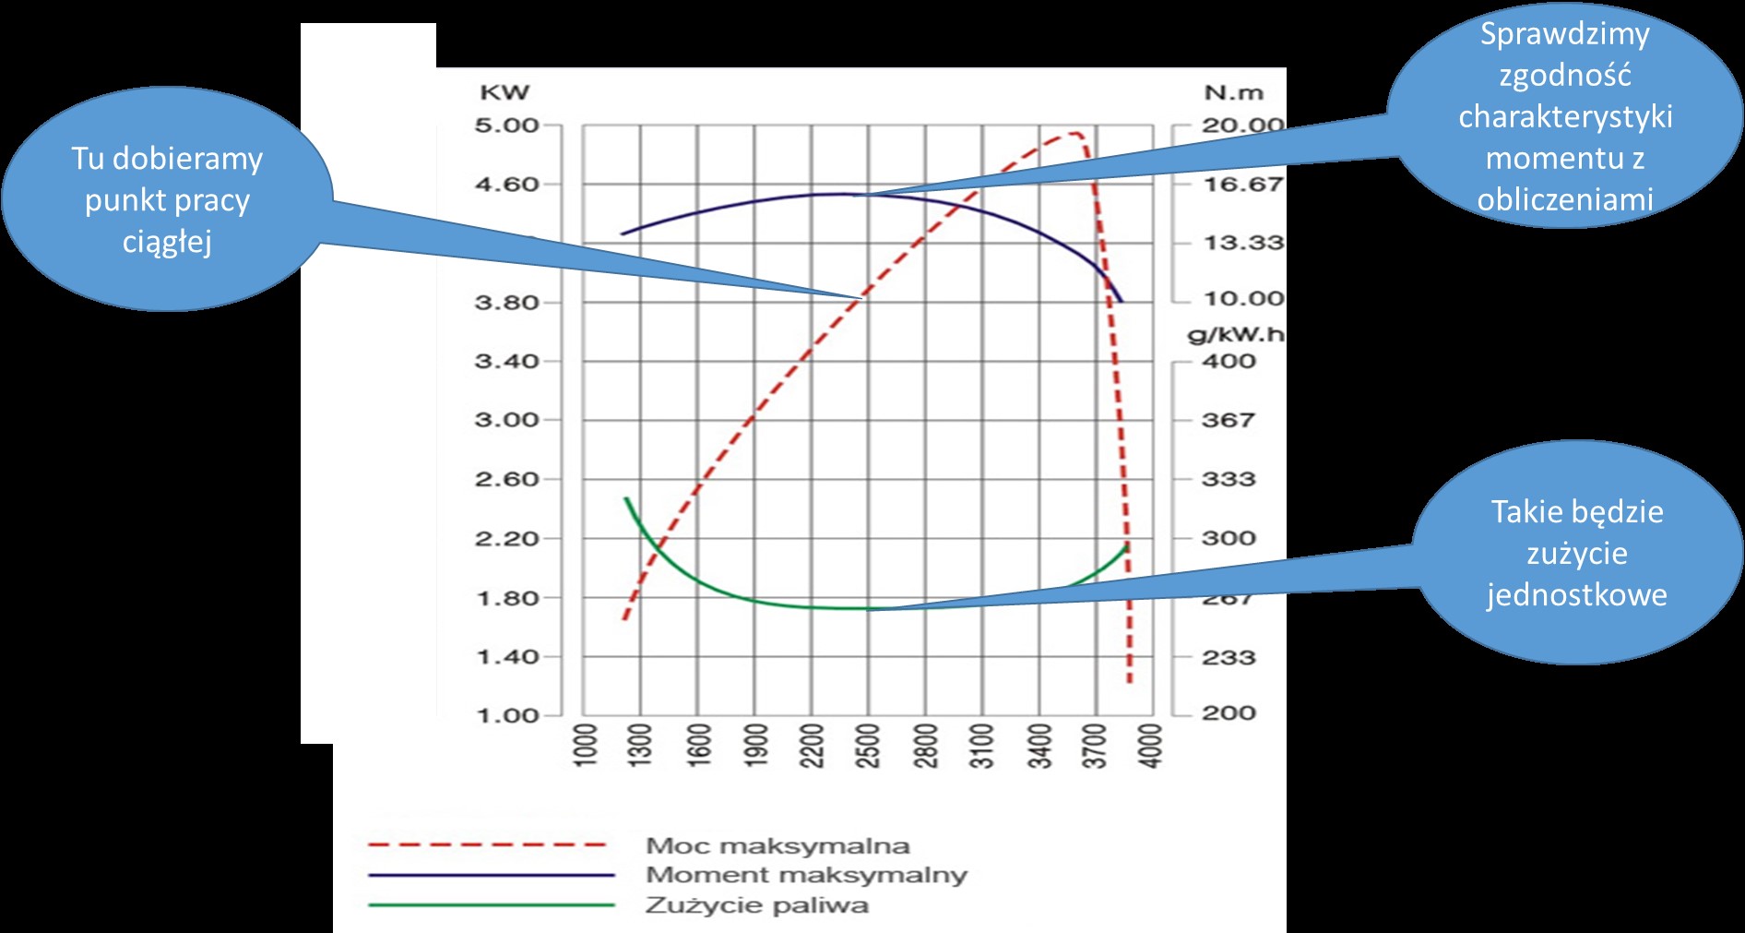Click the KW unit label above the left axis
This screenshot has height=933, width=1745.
pyautogui.click(x=505, y=92)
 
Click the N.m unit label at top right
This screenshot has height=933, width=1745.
pyautogui.click(x=1233, y=93)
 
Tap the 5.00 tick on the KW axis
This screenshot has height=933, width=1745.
pyautogui.click(x=506, y=126)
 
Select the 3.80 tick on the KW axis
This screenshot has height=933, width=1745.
pyautogui.click(x=506, y=303)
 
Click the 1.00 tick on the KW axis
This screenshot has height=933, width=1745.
pyautogui.click(x=506, y=715)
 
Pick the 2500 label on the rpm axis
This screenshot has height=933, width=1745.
pyautogui.click(x=869, y=746)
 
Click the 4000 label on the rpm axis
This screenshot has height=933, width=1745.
pyautogui.click(x=1152, y=746)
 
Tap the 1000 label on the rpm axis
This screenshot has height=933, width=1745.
pyautogui.click(x=586, y=746)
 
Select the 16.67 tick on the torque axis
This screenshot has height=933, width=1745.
pyautogui.click(x=1242, y=185)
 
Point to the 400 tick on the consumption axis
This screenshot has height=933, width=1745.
pyautogui.click(x=1228, y=362)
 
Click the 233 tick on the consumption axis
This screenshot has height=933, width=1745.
pyautogui.click(x=1228, y=657)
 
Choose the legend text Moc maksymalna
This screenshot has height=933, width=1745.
pyautogui.click(x=778, y=845)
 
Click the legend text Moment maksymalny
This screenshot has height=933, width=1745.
pyautogui.click(x=806, y=875)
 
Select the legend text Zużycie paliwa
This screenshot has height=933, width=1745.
pyautogui.click(x=756, y=904)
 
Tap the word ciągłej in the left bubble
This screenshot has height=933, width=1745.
pyautogui.click(x=167, y=243)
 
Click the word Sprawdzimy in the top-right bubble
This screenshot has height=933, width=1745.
pyautogui.click(x=1564, y=34)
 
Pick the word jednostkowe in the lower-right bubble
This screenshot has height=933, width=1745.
pyautogui.click(x=1576, y=594)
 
